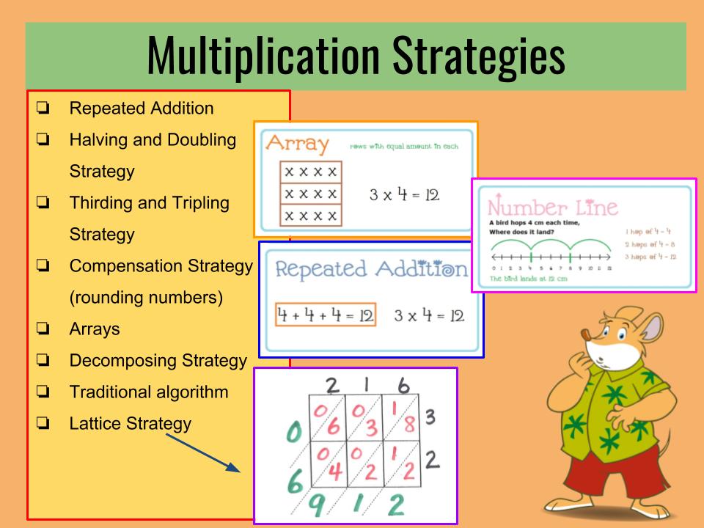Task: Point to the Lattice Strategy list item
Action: click(130, 423)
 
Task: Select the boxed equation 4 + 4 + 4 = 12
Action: click(326, 316)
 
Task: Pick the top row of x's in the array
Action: click(311, 172)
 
